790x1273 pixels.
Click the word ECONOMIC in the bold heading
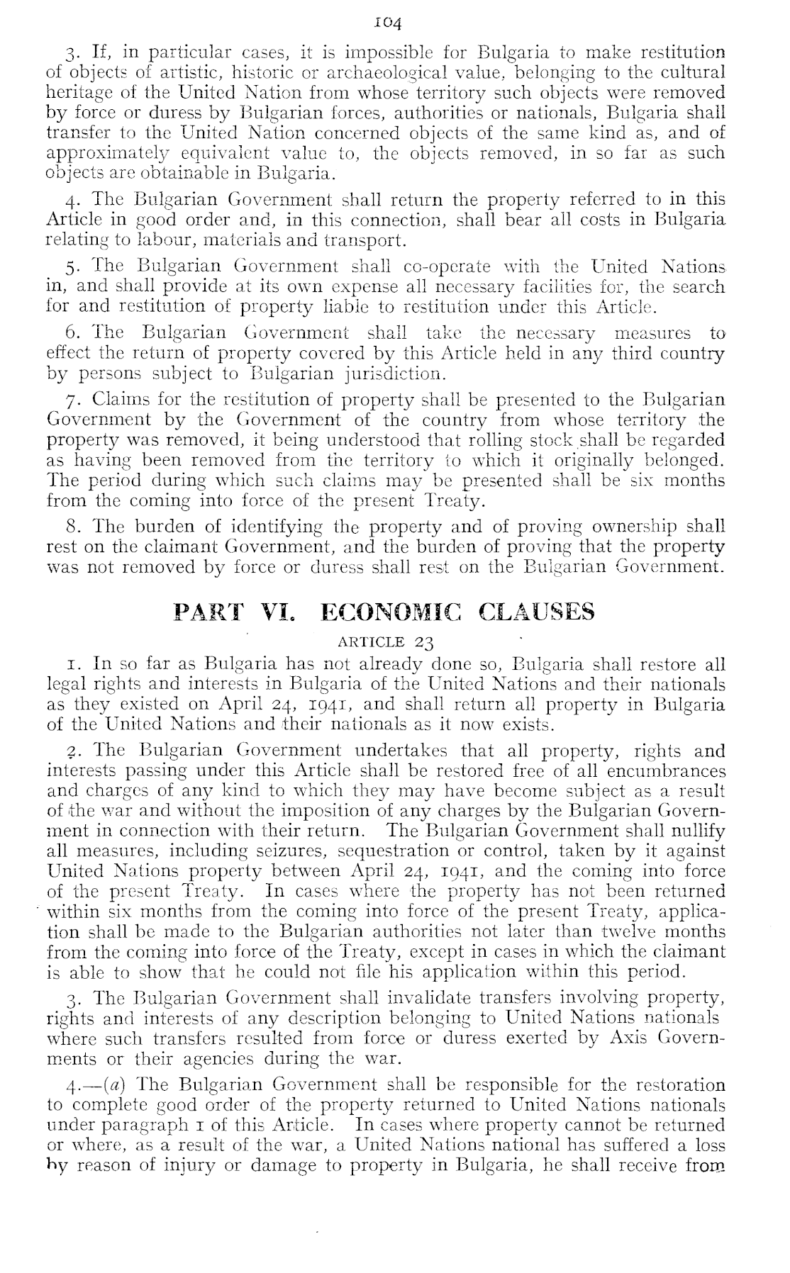click(x=390, y=612)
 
